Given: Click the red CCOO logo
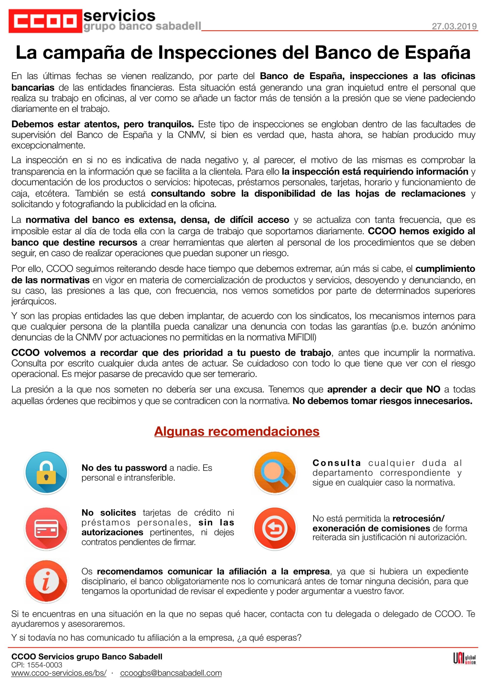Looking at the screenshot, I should [45, 21].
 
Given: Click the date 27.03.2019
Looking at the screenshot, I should [454, 26].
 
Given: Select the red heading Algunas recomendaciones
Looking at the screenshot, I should [237, 432].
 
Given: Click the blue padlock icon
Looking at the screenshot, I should [46, 473].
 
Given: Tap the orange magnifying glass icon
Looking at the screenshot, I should [275, 473].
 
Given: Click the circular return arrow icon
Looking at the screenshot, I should [275, 528].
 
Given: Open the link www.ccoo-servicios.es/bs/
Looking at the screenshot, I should [59, 673].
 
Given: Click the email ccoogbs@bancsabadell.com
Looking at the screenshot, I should [171, 673].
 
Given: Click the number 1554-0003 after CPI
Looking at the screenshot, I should [45, 665].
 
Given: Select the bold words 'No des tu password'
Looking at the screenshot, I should [124, 468].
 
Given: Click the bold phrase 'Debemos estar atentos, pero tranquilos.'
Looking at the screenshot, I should [103, 124].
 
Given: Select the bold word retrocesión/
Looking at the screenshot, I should [418, 518].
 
